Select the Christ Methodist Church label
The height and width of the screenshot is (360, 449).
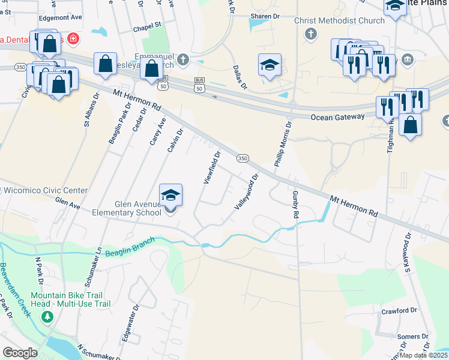coord(339,21)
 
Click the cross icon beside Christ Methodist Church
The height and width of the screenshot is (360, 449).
coord(311,33)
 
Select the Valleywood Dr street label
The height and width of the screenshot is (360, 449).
coord(247,191)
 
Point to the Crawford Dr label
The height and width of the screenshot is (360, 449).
coord(399,311)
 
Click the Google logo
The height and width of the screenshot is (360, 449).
coord(20,353)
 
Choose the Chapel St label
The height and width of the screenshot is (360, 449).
coord(148,26)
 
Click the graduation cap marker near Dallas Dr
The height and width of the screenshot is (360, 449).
coord(270,65)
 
